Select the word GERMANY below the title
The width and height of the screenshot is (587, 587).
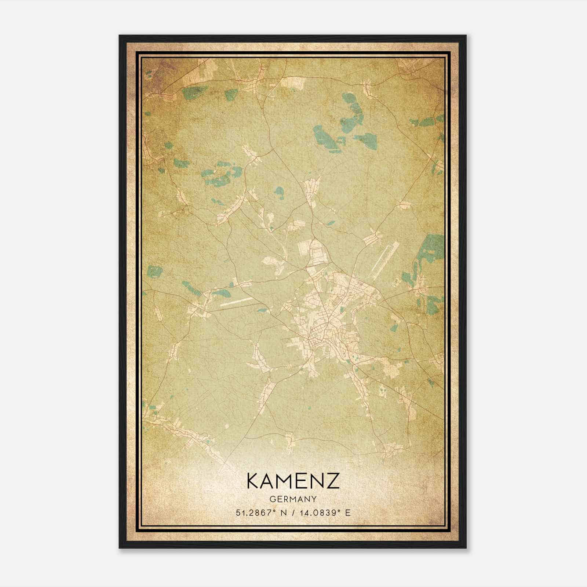(293, 499)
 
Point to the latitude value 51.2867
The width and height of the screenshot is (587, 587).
(254, 513)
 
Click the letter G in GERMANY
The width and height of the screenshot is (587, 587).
(272, 499)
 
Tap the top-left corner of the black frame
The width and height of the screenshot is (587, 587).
(120, 36)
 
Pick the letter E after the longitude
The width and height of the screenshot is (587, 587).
(348, 513)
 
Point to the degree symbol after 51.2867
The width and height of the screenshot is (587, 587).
(273, 511)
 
